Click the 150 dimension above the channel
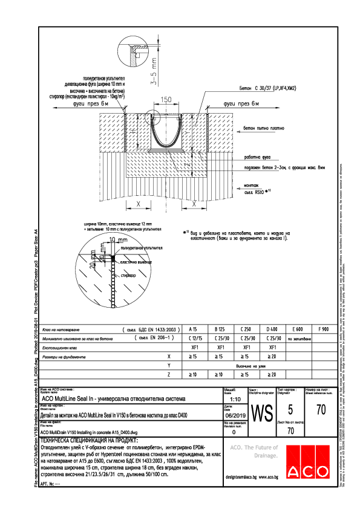[166, 100]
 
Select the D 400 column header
[272, 329]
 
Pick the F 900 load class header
[324, 329]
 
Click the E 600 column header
[298, 329]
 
